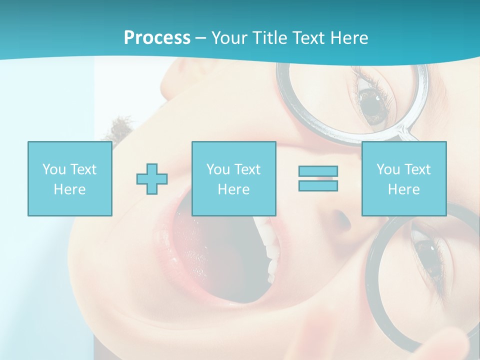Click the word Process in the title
click(x=157, y=38)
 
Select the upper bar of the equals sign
click(x=318, y=171)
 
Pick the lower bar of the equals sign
click(x=318, y=186)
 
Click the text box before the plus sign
click(x=70, y=178)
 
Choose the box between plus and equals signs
click(x=233, y=178)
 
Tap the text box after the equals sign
click(x=403, y=178)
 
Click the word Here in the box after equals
click(x=403, y=189)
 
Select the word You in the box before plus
click(x=53, y=169)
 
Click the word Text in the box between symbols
click(x=247, y=169)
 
